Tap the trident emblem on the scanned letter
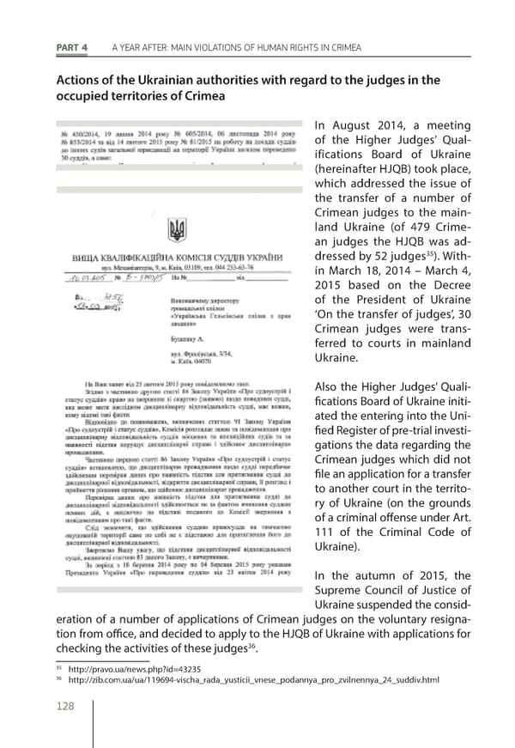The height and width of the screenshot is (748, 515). pos(177,230)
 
